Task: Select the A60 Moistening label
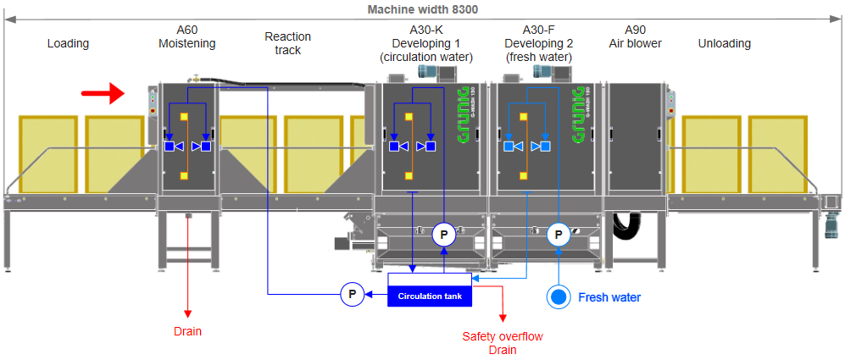pos(187,36)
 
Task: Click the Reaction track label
pos(288,43)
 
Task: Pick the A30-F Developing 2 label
pos(538,43)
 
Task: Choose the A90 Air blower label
pos(635,36)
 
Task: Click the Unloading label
pos(724,43)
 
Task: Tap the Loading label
pos(68,43)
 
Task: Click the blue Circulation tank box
pos(429,295)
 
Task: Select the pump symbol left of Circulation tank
pos(353,294)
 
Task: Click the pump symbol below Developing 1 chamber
pos(444,234)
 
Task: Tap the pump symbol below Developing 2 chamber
pos(559,234)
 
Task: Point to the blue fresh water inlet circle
pos(559,297)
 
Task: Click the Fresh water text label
pos(609,297)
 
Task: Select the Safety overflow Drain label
pos(503,343)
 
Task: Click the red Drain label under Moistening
pos(187,331)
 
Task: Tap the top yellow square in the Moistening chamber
pos(187,116)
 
